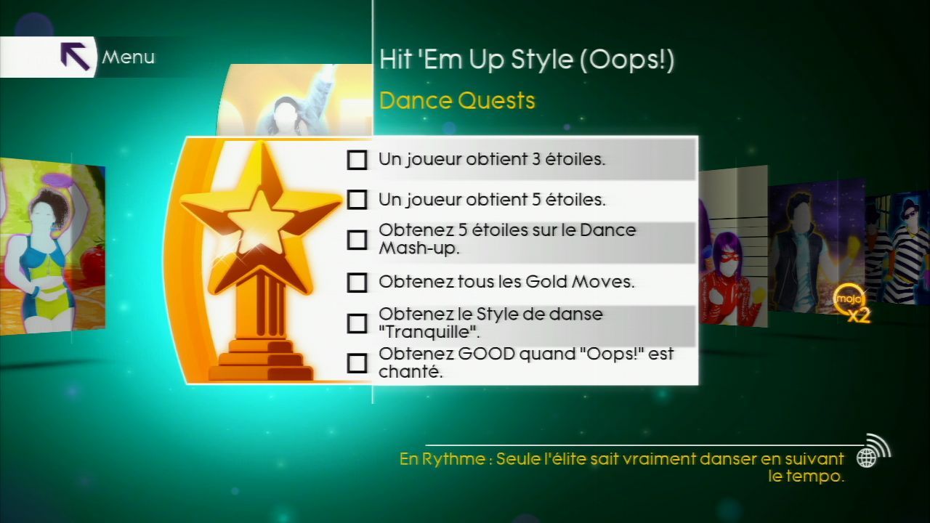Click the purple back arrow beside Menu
coord(75,57)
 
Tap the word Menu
coord(129,57)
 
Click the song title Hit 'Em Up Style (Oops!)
coord(527,60)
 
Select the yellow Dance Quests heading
coord(457,101)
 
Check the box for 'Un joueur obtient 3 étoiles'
coord(357,160)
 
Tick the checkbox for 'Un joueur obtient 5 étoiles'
coord(357,200)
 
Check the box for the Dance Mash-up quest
coord(357,240)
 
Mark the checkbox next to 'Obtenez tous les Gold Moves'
coord(357,283)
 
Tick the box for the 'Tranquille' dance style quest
coord(357,323)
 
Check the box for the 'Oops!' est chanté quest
coord(357,363)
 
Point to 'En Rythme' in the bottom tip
coord(442,459)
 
